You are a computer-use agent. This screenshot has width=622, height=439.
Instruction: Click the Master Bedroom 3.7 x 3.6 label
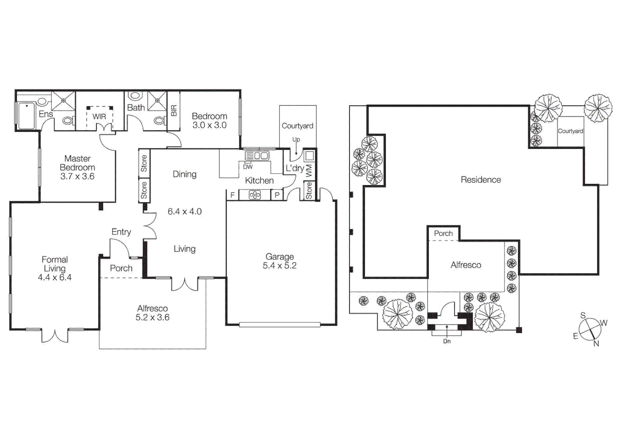[77, 167]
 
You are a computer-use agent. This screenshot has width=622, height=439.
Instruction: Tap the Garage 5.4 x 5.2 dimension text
[279, 266]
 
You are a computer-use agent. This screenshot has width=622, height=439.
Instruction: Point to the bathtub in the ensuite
[26, 116]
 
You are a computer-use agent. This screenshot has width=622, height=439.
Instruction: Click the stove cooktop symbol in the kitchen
[255, 195]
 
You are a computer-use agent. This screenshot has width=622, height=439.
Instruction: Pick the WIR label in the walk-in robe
[99, 117]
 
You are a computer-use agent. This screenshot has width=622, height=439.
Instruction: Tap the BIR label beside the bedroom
[174, 111]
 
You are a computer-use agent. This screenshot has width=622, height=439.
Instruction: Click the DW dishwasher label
[248, 167]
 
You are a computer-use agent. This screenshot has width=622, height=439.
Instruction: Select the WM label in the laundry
[309, 170]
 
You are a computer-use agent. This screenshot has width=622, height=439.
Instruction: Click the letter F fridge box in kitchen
[232, 195]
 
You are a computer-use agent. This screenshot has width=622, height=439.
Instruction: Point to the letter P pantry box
[277, 195]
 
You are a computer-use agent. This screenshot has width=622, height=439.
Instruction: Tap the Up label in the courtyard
[296, 139]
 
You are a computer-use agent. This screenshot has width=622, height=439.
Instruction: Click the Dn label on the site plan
[447, 341]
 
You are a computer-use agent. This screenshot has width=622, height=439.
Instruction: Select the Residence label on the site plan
[480, 180]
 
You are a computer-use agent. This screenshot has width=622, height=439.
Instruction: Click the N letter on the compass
[596, 343]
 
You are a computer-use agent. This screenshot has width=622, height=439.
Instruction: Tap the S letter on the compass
[583, 315]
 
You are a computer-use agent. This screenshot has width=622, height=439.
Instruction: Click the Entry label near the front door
[121, 232]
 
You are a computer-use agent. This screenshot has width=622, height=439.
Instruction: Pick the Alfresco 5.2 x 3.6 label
[153, 313]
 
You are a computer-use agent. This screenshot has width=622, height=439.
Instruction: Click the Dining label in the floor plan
[184, 174]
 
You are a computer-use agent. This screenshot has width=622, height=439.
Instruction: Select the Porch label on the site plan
[443, 233]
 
